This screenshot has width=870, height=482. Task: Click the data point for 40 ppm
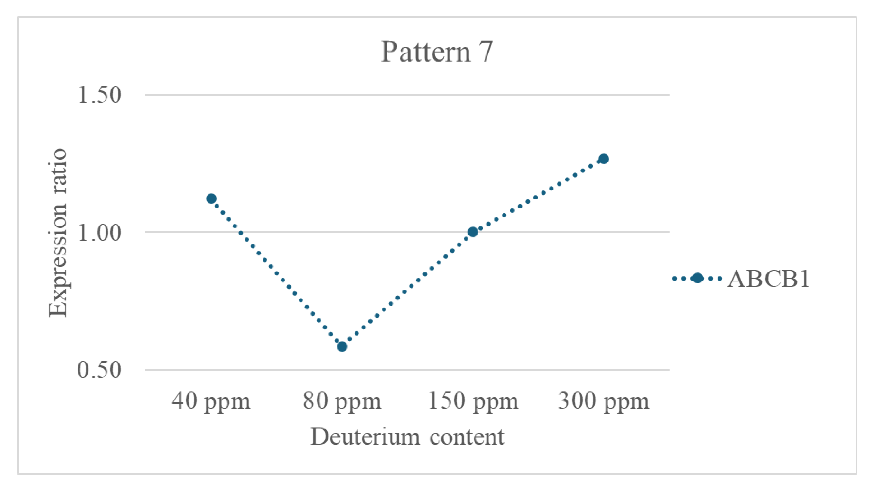coord(211,199)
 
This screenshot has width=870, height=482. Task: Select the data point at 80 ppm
coord(342,346)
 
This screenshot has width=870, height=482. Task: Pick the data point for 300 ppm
coord(604,159)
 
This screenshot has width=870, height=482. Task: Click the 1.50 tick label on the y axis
coord(99,95)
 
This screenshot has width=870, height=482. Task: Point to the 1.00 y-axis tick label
coord(99,232)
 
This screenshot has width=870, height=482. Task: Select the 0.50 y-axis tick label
coord(99,370)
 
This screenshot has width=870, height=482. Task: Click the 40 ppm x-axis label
coord(211,401)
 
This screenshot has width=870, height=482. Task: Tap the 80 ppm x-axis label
coord(342,401)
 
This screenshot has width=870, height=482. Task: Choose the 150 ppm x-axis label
coord(473,401)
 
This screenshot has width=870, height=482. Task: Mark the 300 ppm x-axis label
coord(604,401)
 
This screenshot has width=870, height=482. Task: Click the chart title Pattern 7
coord(437,52)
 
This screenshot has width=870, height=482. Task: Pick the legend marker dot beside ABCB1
coord(697,278)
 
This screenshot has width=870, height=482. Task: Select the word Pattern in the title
coord(426,52)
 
